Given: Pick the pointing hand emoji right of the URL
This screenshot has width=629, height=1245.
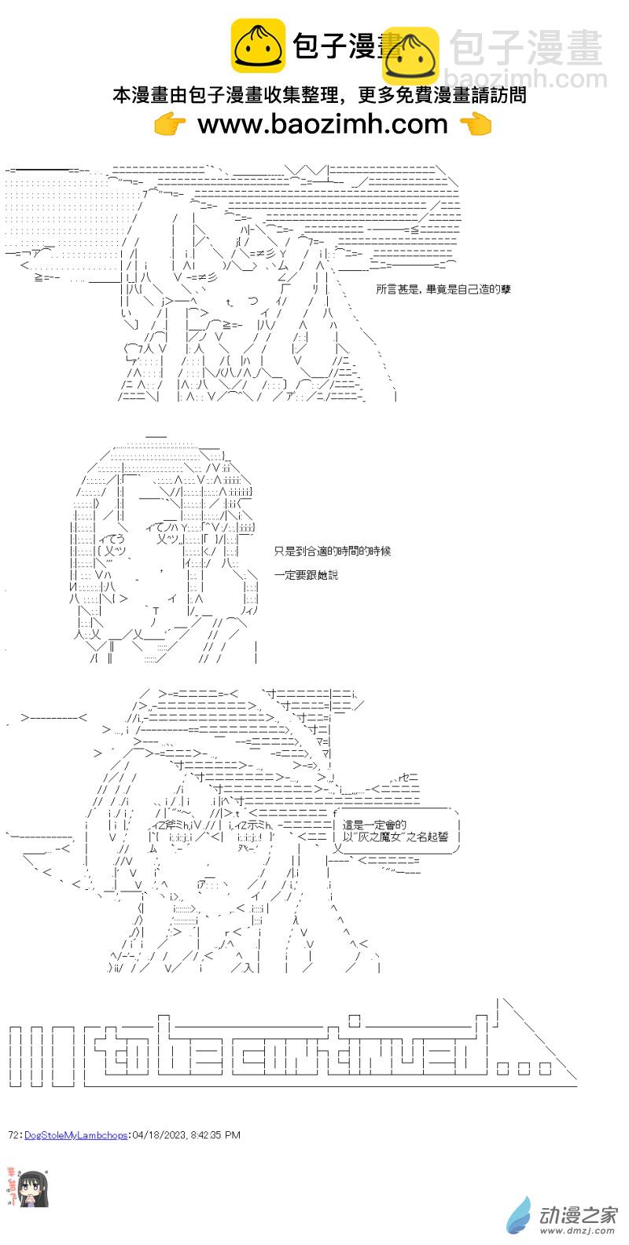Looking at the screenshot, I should coord(474,124).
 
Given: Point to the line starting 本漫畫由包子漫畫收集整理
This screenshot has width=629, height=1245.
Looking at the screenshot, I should coord(318,96).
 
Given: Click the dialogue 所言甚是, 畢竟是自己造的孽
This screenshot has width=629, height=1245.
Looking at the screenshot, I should coord(443,289).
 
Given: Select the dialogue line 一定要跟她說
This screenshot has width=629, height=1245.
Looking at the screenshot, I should coord(306,575).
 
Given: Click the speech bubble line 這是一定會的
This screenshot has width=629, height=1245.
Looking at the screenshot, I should coord(376,825).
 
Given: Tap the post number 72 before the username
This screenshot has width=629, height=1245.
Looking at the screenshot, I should coord(13,1135).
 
